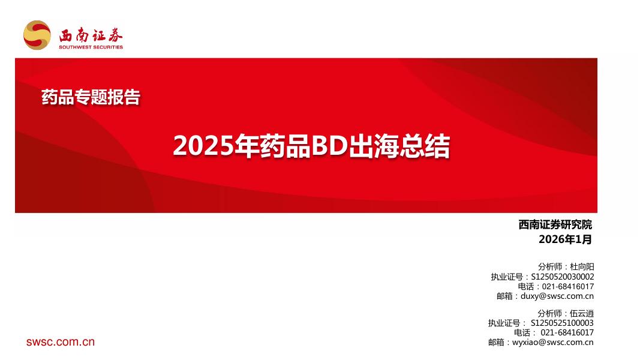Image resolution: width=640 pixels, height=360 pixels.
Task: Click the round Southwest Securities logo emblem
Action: pyautogui.click(x=37, y=35)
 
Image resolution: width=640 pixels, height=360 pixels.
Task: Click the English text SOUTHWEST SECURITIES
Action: pyautogui.click(x=91, y=47)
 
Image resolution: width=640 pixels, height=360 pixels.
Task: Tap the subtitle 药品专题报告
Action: pyautogui.click(x=91, y=97)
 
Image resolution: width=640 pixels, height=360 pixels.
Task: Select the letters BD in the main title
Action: pyautogui.click(x=330, y=147)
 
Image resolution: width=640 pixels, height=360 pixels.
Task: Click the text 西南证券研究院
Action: pyautogui.click(x=555, y=225)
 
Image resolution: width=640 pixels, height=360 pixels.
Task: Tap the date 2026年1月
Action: pyautogui.click(x=565, y=239)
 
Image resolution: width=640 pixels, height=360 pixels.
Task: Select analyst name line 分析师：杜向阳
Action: pyautogui.click(x=566, y=266)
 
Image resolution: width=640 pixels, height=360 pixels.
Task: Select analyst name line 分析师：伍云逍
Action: pyautogui.click(x=566, y=313)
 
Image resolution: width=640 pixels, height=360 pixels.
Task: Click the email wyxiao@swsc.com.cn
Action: pyautogui.click(x=552, y=342)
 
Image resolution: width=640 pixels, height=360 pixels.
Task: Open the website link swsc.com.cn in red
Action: pyautogui.click(x=61, y=342)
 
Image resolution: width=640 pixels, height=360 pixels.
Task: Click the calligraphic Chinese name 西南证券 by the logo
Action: pyautogui.click(x=91, y=34)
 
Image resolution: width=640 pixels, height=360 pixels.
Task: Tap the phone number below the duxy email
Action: pyautogui.click(x=567, y=332)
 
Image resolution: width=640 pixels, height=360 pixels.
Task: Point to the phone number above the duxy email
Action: pyautogui.click(x=567, y=286)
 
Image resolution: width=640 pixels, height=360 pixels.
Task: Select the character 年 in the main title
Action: pyautogui.click(x=246, y=147)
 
